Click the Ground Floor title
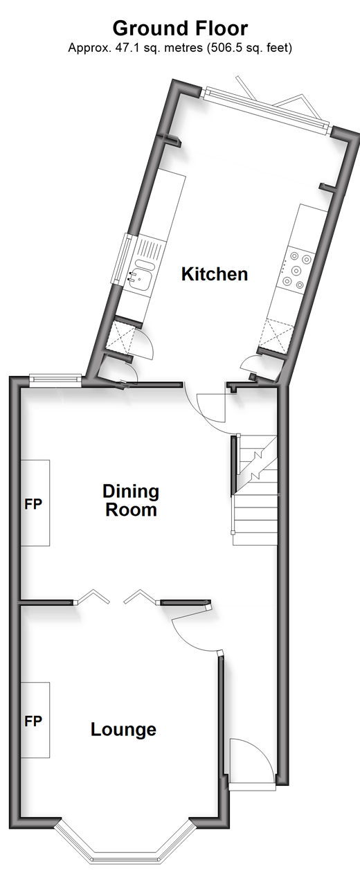180,28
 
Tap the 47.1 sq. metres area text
135,48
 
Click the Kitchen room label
214,274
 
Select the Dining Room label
131,501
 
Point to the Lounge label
123,730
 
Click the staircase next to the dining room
255,490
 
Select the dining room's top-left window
55,380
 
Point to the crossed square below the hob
277,336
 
